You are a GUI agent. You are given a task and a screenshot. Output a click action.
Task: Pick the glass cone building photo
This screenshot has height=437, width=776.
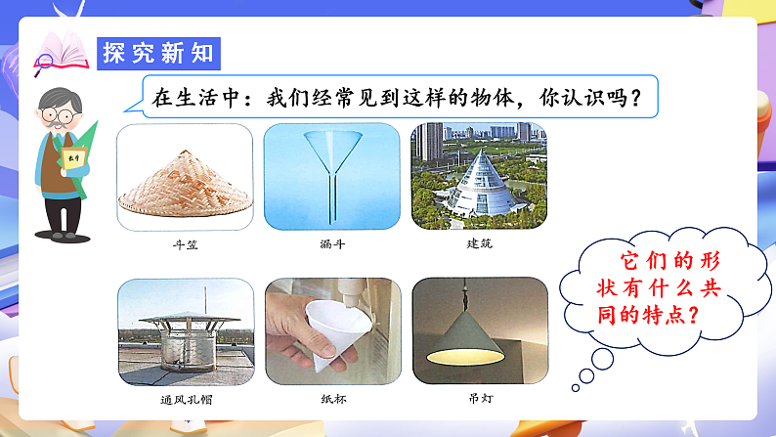479,176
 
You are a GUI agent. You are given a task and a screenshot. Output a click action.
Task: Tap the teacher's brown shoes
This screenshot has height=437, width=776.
63,234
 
